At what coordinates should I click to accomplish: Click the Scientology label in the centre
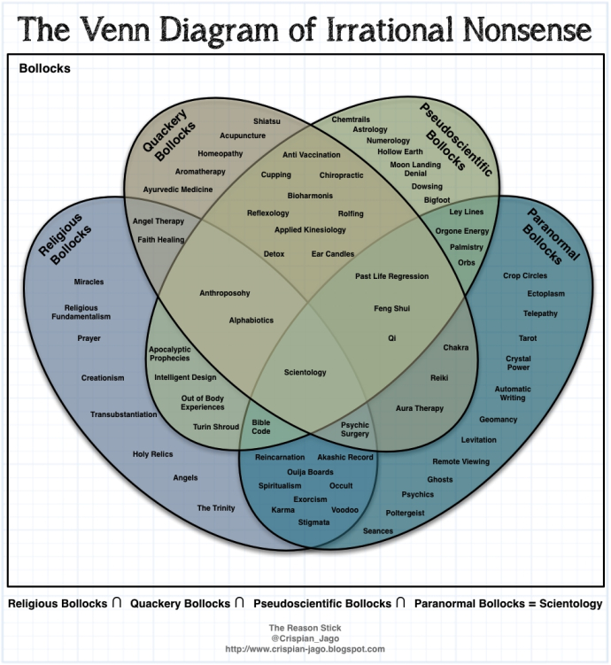[305, 372]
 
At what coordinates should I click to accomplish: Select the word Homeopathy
[220, 153]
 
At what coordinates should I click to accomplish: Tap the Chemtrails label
[351, 119]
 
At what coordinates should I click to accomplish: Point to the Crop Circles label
[525, 275]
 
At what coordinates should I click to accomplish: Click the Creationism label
[103, 378]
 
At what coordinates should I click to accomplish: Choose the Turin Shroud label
[216, 427]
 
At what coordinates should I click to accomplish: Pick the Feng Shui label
[391, 309]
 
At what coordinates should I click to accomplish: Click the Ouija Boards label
[285, 472]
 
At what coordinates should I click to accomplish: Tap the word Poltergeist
[406, 513]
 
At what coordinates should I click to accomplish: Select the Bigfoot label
[437, 200]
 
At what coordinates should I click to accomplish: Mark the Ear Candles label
[333, 254]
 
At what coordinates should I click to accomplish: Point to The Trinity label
[216, 508]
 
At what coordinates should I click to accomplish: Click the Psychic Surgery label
[355, 429]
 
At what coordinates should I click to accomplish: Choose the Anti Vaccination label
[305, 155]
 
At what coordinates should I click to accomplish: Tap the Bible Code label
[261, 427]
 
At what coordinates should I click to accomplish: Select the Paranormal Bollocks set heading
[551, 236]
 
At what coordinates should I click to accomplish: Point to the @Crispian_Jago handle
[305, 638]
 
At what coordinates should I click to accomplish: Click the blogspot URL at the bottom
[305, 648]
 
